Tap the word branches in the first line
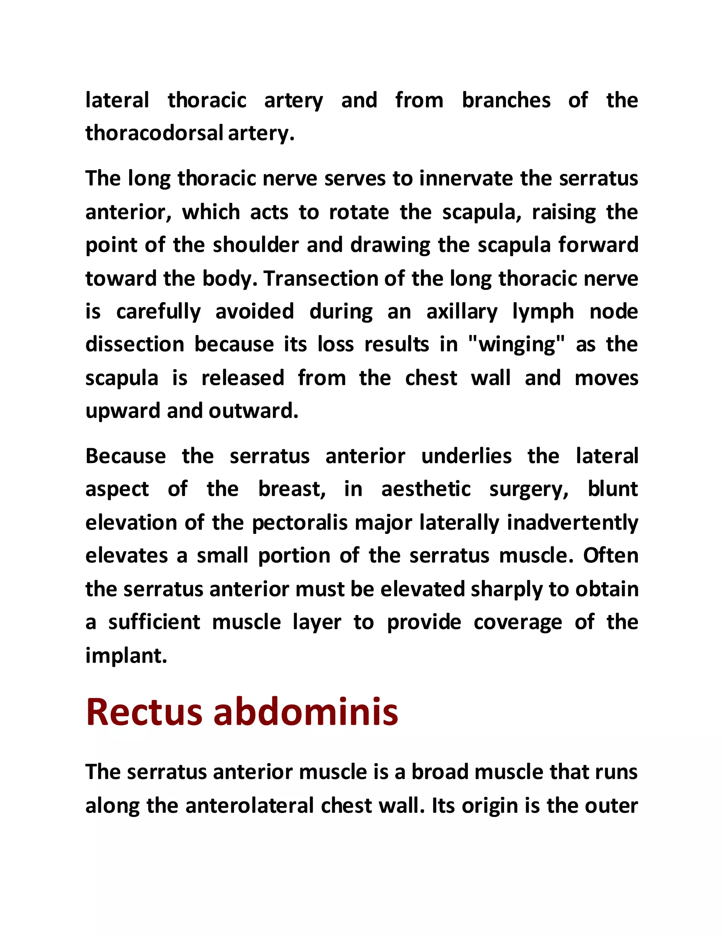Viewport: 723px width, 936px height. [x=506, y=101]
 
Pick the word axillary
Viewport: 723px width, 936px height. [x=462, y=312]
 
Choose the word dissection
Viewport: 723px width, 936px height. [x=135, y=345]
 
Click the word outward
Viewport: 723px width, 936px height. [x=253, y=411]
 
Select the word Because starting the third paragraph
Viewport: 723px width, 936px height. [x=125, y=456]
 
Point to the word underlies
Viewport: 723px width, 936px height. [x=466, y=456]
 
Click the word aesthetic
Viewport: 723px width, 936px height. [x=426, y=489]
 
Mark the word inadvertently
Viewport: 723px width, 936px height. [x=572, y=523]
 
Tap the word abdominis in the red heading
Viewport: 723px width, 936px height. [x=306, y=712]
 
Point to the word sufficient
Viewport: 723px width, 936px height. [x=154, y=622]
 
